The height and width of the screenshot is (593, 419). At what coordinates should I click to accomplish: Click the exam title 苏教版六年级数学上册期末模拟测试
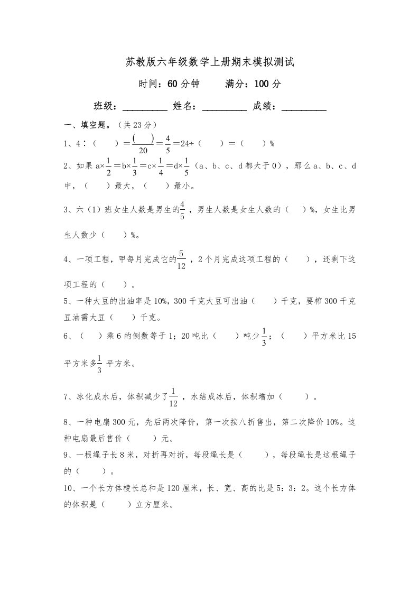[x=210, y=62]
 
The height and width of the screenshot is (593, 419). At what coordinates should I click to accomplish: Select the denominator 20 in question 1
[x=143, y=150]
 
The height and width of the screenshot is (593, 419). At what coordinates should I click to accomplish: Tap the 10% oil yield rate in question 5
[x=160, y=301]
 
